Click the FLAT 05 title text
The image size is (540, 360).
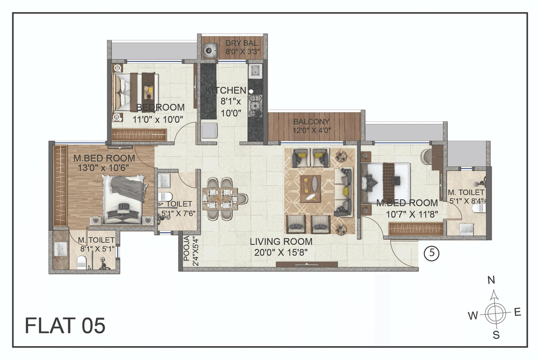click(65, 325)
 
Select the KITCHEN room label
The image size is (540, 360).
click(226, 90)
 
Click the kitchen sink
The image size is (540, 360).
click(255, 71)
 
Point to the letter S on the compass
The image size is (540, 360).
click(496, 336)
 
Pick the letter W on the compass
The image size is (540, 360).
click(473, 315)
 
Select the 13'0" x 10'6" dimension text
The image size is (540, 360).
click(104, 167)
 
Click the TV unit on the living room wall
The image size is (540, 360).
click(307, 264)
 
